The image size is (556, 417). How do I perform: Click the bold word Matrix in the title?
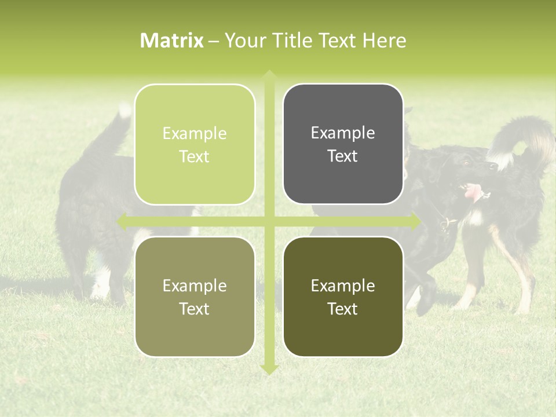pos(172,41)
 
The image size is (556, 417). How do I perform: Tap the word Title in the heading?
pos(297,41)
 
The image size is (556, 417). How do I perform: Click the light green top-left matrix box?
pos(195,145)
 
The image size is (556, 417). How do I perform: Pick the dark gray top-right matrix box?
pos(343,144)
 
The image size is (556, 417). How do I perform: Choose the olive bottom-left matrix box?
pos(195,297)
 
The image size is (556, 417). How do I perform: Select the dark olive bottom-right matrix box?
pos(343,297)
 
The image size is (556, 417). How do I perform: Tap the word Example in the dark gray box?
pos(343,133)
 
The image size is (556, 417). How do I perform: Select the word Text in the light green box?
pos(195,157)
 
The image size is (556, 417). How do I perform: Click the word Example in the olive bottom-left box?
pos(195,286)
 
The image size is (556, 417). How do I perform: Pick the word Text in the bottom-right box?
pos(343,309)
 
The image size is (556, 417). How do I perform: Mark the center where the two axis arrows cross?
pos(269,221)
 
